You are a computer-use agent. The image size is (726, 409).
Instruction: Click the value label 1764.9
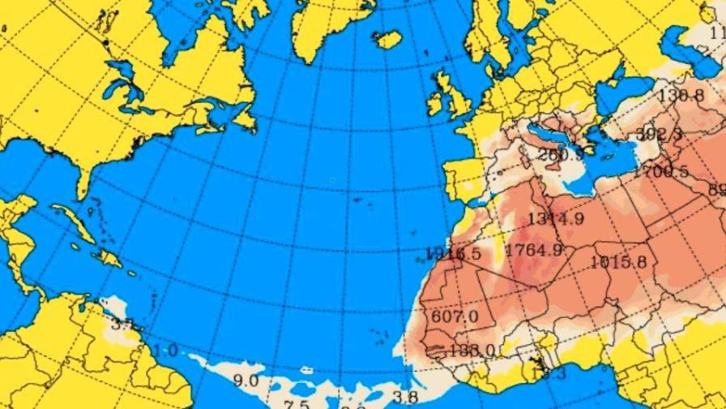tap(533, 250)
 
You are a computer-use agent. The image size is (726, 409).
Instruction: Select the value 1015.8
tap(618, 261)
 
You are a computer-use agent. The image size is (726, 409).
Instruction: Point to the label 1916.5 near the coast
tap(455, 253)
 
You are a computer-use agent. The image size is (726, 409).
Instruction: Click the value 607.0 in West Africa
tap(455, 316)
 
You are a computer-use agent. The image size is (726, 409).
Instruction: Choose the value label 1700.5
tap(661, 171)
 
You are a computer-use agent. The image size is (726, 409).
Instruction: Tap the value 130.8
tap(681, 95)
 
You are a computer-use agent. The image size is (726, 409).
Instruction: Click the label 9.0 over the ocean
tap(246, 379)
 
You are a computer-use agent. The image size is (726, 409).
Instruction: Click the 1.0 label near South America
tap(165, 350)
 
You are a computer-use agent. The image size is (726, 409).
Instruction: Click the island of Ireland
tap(435, 102)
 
